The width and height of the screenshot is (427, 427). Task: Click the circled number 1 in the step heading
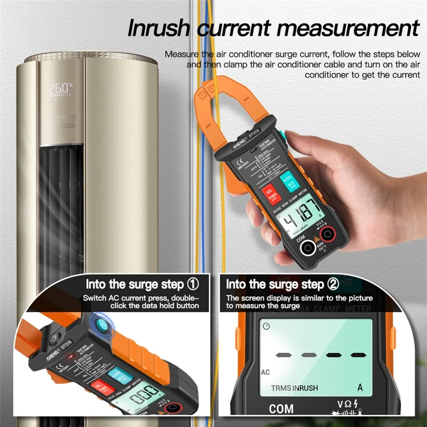tap(193, 283)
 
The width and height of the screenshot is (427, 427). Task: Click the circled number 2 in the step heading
tap(333, 283)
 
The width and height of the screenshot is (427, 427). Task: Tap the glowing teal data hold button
tap(100, 326)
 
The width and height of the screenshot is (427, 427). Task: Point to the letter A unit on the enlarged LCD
tap(360, 388)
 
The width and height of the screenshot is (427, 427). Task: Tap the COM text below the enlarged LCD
tap(281, 409)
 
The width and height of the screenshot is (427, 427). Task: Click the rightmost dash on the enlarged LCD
tap(359, 354)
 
